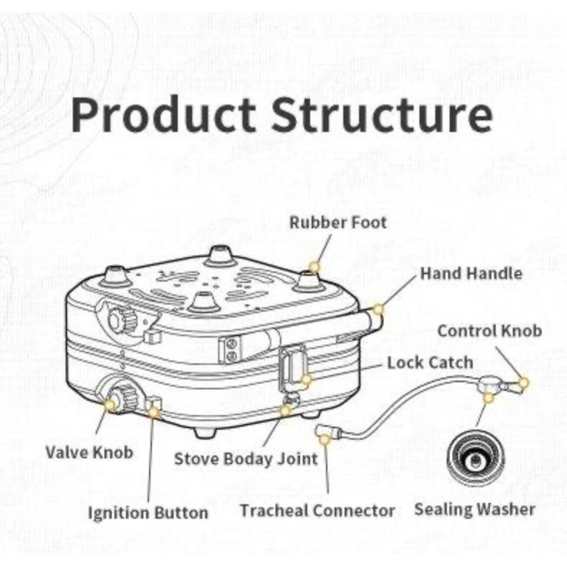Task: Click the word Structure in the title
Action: (x=383, y=115)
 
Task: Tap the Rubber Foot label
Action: (x=338, y=223)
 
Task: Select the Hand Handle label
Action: (x=471, y=273)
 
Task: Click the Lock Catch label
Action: (x=430, y=362)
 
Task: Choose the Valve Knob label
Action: (x=89, y=452)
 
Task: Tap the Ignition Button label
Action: (x=148, y=513)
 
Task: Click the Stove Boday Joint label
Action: (x=246, y=459)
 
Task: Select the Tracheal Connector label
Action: (x=318, y=510)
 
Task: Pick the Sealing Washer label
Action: (x=475, y=509)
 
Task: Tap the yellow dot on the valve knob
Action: (x=110, y=405)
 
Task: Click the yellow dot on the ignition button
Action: (x=154, y=412)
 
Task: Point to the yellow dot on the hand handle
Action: (x=379, y=309)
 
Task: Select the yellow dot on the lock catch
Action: (x=305, y=380)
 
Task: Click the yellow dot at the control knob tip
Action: (x=523, y=383)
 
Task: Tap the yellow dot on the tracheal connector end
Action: (x=324, y=434)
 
